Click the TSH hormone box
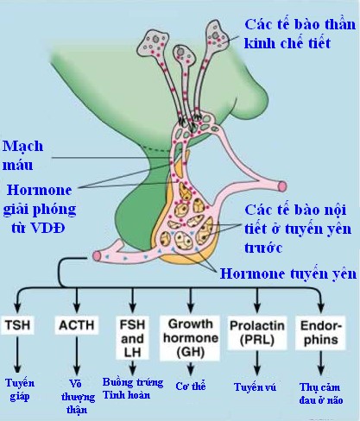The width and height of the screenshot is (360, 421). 18,325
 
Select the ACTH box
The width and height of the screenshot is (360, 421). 77,325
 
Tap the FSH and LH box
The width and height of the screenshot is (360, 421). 132,338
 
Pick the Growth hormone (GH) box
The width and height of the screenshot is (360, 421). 190,337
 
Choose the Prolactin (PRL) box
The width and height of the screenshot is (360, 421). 257,333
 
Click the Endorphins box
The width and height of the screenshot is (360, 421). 320,333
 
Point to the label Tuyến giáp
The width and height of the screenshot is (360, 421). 20,390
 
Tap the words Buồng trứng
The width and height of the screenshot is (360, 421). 133,382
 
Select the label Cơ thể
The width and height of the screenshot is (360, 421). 191,386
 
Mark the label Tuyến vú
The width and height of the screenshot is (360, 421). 255,387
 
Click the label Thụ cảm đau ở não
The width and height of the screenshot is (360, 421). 320,393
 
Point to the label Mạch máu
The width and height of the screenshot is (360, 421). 22,155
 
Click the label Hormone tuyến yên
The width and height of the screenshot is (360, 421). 288,273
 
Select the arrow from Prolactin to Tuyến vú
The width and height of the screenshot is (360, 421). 257,363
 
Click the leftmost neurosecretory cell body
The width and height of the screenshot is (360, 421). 153,44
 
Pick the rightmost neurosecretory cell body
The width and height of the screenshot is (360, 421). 217,35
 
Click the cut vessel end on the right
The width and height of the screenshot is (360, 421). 282,186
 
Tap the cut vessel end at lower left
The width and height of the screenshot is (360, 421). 98,255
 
